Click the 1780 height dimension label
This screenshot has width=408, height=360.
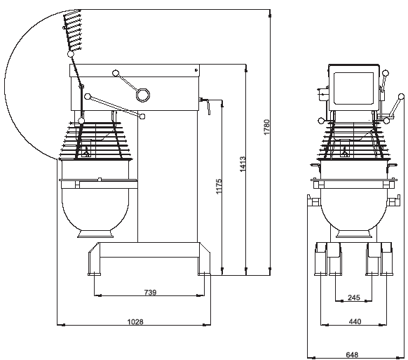pos(267,127)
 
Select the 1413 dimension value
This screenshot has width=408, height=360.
pos(243,164)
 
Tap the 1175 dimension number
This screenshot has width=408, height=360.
pos(219,186)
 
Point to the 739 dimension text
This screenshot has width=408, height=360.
pos(151,292)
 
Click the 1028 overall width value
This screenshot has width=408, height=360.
pos(135,322)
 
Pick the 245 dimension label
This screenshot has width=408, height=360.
pos(354,298)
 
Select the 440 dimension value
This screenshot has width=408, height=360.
pos(355,321)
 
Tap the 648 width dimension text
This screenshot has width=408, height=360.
pos(352,354)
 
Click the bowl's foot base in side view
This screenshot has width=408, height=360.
pos(96,234)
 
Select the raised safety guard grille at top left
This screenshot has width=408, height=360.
pos(73,30)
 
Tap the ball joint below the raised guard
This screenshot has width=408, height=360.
pos(70,54)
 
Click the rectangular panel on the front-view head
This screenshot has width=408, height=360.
pos(353,88)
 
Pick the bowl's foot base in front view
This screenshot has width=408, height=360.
pos(353,234)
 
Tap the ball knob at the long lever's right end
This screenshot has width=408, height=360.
pos(142,116)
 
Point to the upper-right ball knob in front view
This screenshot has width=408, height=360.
pos(386,73)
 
